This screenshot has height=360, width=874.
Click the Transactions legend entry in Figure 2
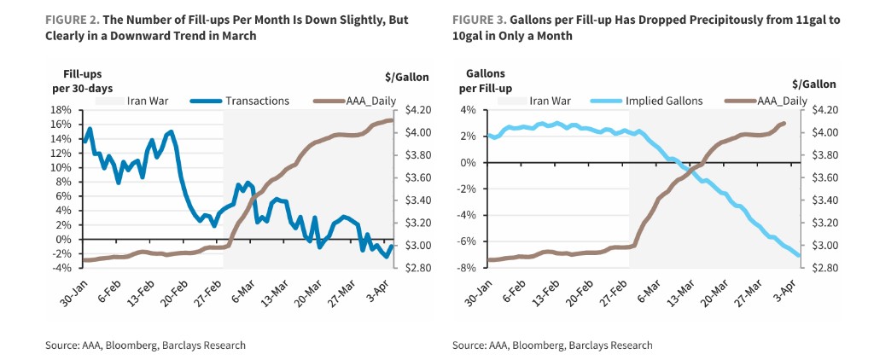click(257, 101)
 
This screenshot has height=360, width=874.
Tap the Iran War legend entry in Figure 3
click(551, 101)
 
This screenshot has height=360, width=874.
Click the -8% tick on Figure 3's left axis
click(468, 268)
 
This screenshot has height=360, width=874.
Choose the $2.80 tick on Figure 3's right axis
click(821, 268)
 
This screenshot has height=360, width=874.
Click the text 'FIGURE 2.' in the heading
click(72, 19)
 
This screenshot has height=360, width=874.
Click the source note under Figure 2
click(145, 345)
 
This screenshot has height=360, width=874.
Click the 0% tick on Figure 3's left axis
click(468, 163)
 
